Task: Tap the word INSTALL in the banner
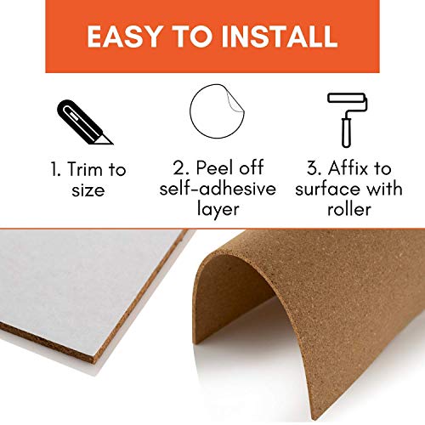tap(280, 37)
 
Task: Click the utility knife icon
tap(85, 122)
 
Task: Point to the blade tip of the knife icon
tap(112, 144)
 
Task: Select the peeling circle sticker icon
tap(217, 111)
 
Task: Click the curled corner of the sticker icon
tap(235, 99)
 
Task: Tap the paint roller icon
tap(348, 120)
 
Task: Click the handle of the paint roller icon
tap(346, 133)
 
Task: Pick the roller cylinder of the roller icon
tap(346, 98)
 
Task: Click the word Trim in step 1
tap(85, 169)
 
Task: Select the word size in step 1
tap(88, 190)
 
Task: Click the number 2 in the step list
tap(180, 167)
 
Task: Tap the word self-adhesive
tap(218, 188)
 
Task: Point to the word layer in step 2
tap(218, 210)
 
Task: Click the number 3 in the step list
tap(314, 167)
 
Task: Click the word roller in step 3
tap(349, 209)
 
